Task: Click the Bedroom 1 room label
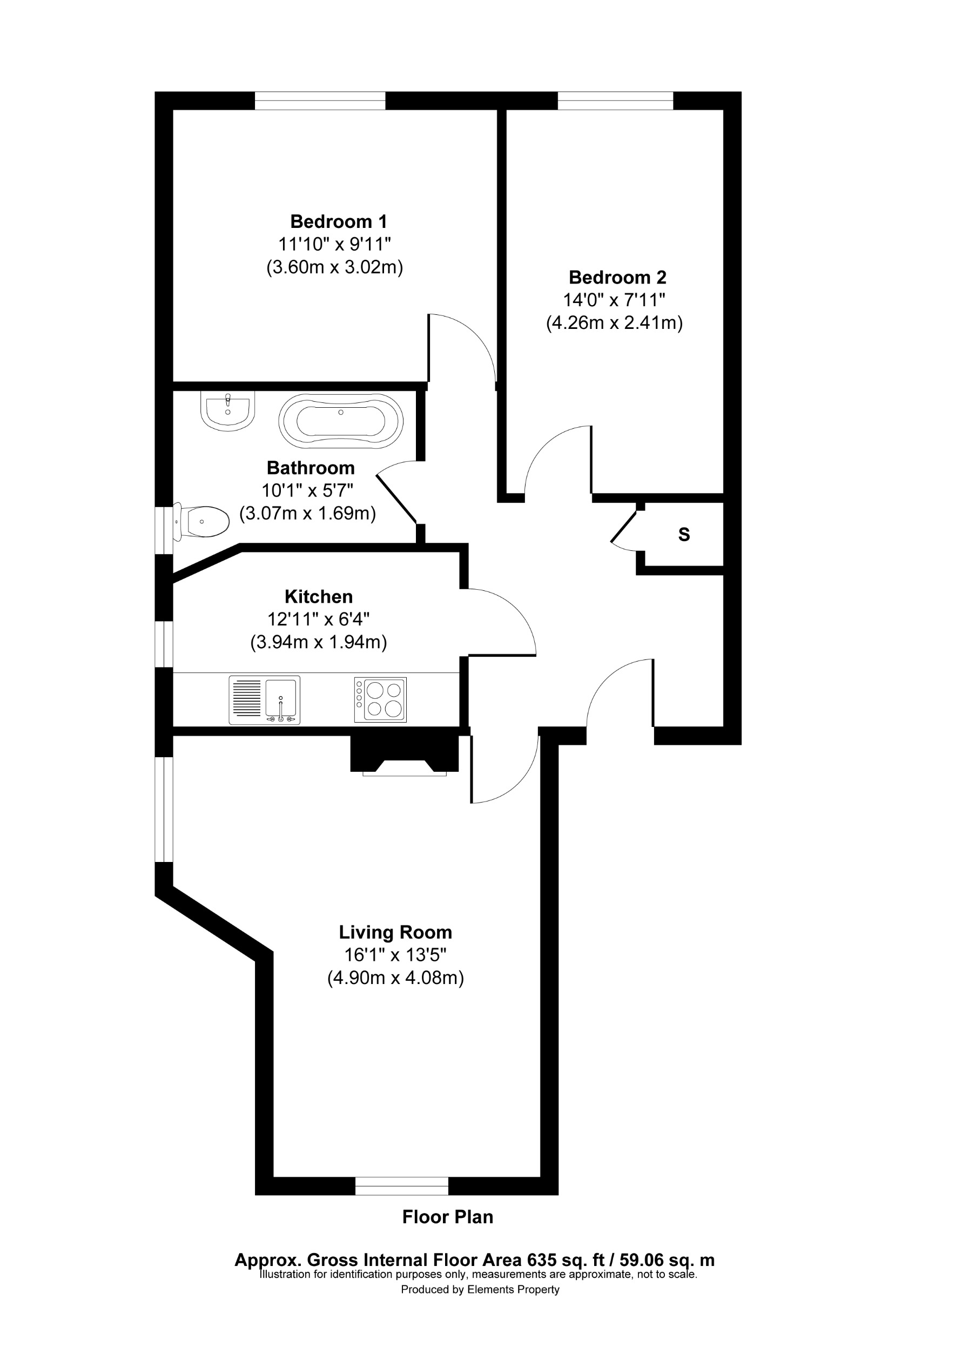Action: (x=339, y=221)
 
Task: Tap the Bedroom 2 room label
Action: (x=617, y=278)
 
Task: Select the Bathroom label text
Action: (x=311, y=468)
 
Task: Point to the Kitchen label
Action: (x=318, y=596)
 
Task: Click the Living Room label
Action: (x=395, y=932)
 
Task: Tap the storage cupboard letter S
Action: (x=684, y=535)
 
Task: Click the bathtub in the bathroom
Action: (x=341, y=421)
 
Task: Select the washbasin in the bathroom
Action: (x=227, y=410)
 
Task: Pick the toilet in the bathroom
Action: (x=201, y=522)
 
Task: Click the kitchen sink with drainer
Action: (x=264, y=700)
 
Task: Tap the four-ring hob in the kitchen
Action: (x=380, y=699)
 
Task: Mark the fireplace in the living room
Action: (x=405, y=755)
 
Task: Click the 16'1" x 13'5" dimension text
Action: (x=395, y=955)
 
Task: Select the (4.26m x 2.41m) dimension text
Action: (x=614, y=322)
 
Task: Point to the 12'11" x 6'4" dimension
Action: (x=318, y=619)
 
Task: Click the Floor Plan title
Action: (x=447, y=1217)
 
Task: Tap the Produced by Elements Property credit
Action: (x=480, y=1289)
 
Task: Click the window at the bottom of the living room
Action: (x=402, y=1185)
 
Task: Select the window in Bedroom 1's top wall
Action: (x=320, y=101)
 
